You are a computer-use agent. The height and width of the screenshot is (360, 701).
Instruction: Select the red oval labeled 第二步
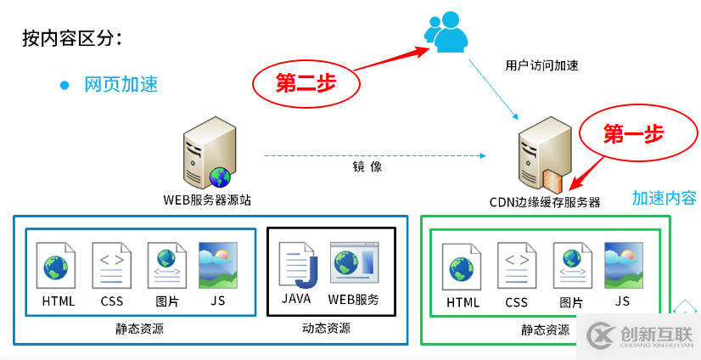click(x=306, y=83)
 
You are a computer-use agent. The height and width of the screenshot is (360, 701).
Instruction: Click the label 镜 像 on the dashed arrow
click(x=367, y=167)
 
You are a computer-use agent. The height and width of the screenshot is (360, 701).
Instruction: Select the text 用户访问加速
click(x=541, y=65)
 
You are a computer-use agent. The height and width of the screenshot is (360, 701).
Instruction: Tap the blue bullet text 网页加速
click(x=121, y=85)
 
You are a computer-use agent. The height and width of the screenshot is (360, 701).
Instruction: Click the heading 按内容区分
click(x=72, y=38)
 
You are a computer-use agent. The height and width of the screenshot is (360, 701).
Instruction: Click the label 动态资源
click(x=326, y=329)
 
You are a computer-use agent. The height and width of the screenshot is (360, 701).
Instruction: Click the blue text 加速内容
click(x=664, y=198)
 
